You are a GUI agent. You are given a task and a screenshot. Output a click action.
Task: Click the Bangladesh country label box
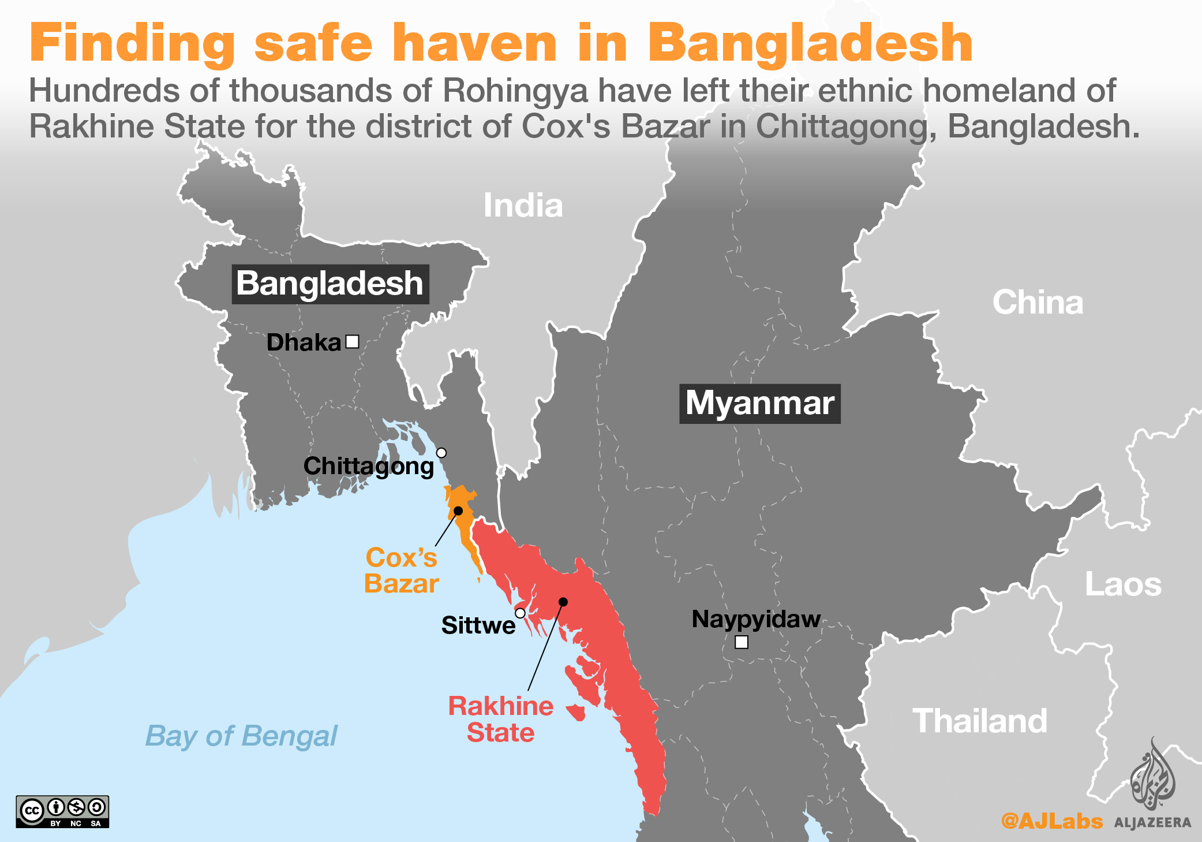pos(330,284)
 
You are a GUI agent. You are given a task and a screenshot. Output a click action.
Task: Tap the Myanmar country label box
pos(759,404)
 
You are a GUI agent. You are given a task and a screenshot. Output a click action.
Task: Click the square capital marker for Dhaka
pos(352,342)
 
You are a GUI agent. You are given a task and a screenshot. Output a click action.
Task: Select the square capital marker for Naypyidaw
pos(742,642)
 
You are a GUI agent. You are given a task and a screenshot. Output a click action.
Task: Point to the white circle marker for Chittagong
pos(441,453)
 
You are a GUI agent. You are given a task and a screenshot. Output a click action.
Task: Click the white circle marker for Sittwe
pos(520,613)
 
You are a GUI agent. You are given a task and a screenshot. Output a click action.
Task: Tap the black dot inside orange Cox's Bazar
pos(458,511)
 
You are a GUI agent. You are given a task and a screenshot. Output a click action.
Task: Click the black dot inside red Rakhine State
pos(563,602)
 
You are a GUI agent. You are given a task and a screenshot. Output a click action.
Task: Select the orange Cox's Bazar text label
pos(402,571)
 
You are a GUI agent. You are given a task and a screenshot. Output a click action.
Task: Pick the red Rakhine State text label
pos(501,719)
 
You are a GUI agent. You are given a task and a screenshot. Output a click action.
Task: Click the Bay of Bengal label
pos(241,736)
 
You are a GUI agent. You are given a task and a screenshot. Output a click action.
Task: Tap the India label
pos(523,206)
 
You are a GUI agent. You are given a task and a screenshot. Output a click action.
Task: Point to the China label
pos(1038,303)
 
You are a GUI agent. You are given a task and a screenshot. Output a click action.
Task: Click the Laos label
pos(1123,584)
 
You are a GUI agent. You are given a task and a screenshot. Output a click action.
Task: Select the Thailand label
pos(980,721)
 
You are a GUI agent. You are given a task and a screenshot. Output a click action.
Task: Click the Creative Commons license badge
pos(62,811)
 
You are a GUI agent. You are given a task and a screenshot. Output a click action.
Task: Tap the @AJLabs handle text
pos(1051,821)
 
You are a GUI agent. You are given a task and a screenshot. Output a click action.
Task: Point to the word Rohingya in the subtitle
pos(515,91)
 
